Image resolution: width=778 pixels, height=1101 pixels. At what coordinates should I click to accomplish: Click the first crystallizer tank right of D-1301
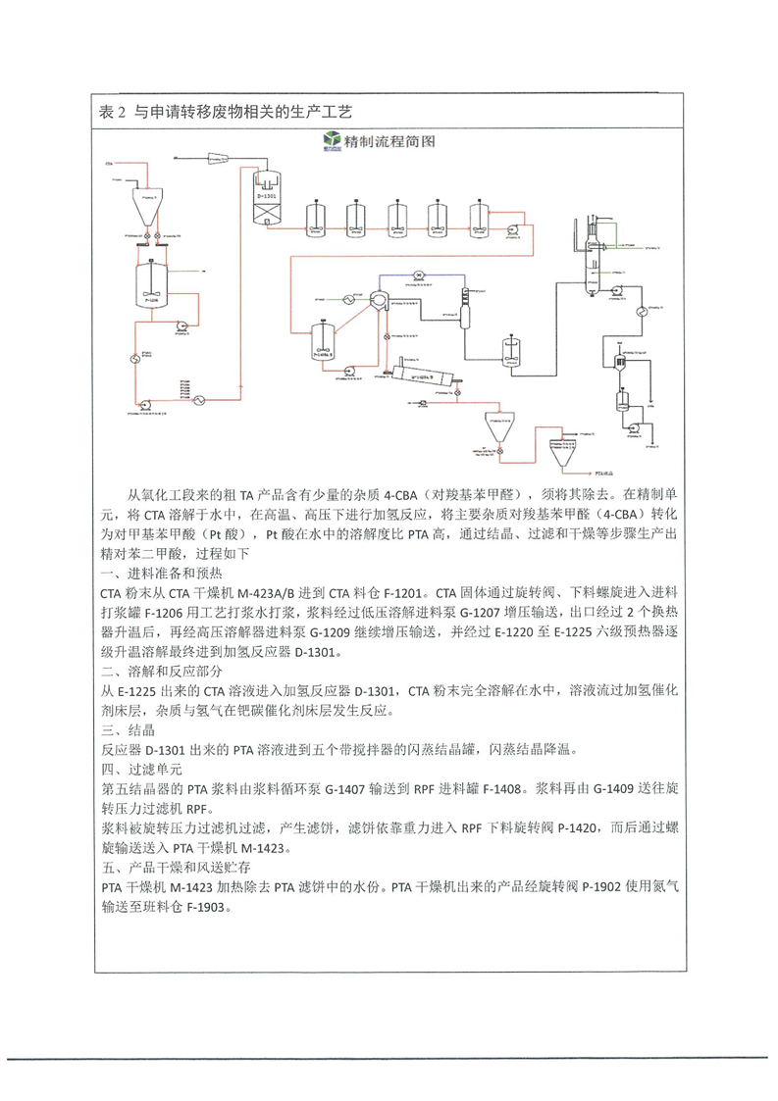click(317, 217)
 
